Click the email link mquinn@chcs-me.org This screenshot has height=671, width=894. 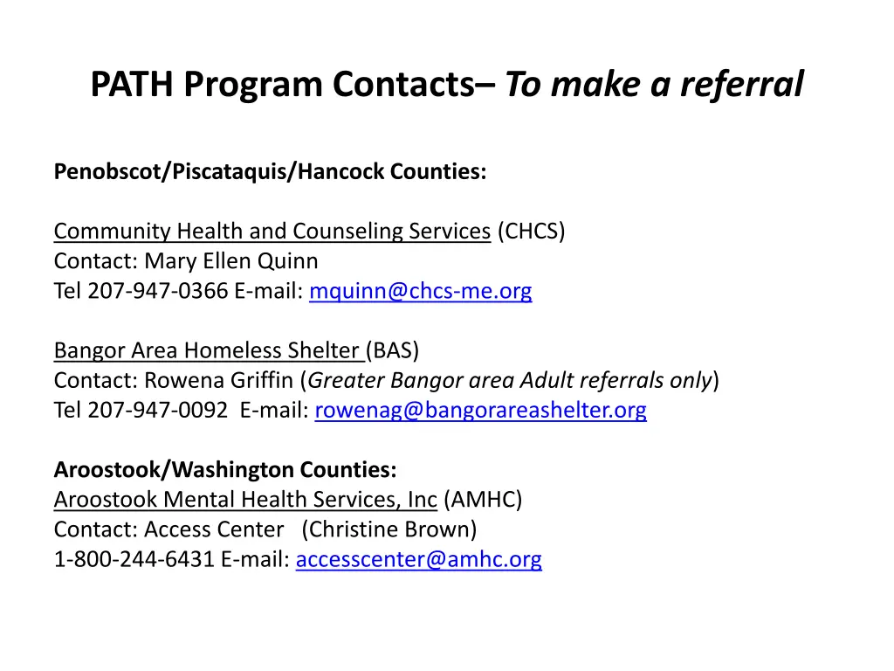[420, 291]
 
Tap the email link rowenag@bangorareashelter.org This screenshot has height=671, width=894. [480, 410]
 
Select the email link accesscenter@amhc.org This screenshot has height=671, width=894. [418, 559]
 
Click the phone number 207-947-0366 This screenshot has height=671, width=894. [158, 291]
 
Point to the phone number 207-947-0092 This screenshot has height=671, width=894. [158, 410]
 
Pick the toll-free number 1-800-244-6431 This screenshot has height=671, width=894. [134, 559]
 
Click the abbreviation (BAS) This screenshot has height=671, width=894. [393, 351]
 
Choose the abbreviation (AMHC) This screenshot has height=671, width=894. [483, 500]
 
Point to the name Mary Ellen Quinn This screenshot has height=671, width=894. [231, 261]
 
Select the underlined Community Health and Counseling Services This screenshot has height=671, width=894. [272, 232]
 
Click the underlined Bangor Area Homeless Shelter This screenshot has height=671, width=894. [207, 351]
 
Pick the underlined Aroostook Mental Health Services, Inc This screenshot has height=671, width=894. [245, 500]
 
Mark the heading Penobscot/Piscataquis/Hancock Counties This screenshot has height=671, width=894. [270, 171]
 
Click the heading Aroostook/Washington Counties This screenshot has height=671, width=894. [225, 470]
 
